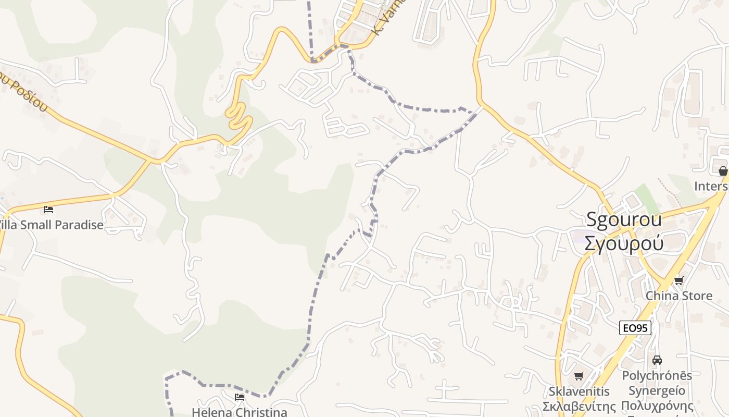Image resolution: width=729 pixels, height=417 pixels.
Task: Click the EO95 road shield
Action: click(635, 328)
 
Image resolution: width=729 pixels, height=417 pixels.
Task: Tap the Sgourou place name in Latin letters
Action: click(624, 219)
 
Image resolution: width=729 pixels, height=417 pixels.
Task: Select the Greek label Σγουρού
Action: click(624, 243)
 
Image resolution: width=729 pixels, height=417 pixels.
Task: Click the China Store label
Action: click(679, 296)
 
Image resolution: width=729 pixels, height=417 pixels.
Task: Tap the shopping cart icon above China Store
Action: click(678, 281)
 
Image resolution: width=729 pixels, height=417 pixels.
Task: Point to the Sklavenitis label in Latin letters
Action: click(579, 391)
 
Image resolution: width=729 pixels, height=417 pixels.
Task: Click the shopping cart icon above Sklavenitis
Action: click(579, 376)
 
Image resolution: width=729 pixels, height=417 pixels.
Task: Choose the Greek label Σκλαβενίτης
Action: click(579, 406)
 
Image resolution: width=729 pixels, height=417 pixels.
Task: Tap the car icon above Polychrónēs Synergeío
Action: click(657, 360)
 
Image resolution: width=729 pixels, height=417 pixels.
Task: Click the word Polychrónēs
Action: click(657, 375)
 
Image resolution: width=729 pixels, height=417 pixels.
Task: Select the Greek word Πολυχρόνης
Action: click(657, 406)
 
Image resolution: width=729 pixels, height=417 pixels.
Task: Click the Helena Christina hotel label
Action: click(240, 412)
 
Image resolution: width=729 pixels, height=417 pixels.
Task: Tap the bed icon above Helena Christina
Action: click(240, 397)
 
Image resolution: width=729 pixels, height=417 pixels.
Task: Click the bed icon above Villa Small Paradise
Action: click(48, 210)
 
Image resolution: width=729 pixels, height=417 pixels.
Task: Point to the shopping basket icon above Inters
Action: click(723, 171)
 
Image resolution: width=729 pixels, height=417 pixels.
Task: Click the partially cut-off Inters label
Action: click(711, 186)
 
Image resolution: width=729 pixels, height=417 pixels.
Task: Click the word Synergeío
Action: click(657, 390)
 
